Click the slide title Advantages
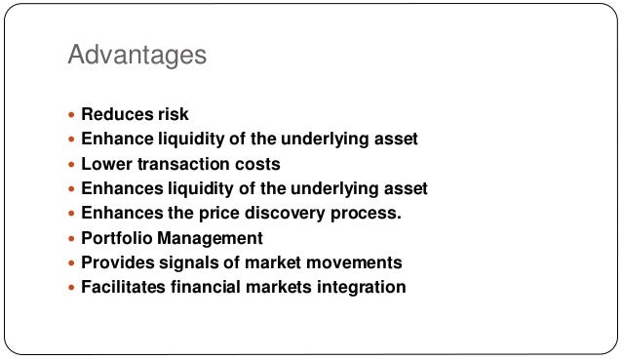[x=137, y=55]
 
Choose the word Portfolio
[x=115, y=238]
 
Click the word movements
[x=354, y=262]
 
